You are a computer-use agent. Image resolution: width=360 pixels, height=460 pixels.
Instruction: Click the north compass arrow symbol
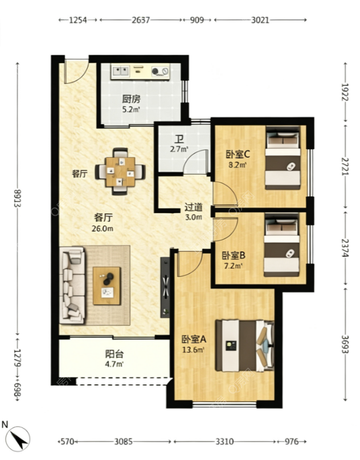point(18,438)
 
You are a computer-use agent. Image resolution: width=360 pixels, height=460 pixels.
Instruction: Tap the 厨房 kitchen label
point(131,99)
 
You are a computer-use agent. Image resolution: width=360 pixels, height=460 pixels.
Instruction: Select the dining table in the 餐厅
point(120,171)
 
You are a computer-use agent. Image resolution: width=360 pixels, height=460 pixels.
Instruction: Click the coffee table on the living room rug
point(107,286)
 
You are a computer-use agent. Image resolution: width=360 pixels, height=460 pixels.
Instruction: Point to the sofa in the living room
point(72,285)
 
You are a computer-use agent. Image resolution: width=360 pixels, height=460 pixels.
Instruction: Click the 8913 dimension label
point(17,198)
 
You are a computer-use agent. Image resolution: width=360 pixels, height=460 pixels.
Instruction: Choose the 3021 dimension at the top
point(260,20)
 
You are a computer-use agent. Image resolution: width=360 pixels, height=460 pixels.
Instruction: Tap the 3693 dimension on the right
point(346,344)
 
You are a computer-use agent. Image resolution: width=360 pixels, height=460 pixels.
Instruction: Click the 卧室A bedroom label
point(194,339)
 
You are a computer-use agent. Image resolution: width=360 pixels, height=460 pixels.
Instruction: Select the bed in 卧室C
point(283,158)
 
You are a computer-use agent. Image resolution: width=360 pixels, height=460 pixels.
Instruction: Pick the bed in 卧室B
point(282,245)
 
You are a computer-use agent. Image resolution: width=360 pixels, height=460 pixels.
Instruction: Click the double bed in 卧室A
point(244,346)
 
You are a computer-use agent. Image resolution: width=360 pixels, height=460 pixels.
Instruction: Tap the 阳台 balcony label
point(114,354)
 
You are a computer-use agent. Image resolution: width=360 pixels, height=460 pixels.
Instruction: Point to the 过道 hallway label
point(194,207)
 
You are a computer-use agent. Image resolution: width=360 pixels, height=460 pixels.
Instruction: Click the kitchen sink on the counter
point(120,71)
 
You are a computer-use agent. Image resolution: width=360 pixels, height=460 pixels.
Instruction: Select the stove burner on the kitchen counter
point(160,71)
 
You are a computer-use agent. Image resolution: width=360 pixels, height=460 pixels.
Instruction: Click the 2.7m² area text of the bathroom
point(178,149)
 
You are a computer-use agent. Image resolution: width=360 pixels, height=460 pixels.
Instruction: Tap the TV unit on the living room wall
point(165,287)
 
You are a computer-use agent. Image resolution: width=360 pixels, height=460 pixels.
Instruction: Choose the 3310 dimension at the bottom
point(224,442)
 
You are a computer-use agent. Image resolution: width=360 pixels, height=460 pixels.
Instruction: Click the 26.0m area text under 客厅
point(102,228)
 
